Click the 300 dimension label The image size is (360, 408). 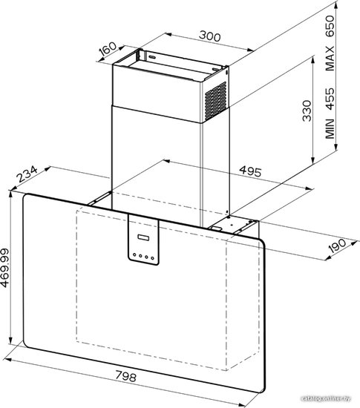point(210,36)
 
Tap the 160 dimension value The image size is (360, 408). point(108,48)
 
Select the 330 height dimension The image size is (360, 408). point(307,111)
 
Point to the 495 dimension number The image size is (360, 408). point(250,171)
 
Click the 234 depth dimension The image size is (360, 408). point(27,174)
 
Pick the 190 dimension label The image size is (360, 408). point(337,246)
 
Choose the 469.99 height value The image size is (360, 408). point(5,268)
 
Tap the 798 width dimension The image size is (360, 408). point(125,376)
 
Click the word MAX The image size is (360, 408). point(330,59)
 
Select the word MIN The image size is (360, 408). point(330,128)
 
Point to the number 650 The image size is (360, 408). point(330,26)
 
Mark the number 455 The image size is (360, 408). point(330,99)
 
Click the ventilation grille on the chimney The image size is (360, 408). point(215,101)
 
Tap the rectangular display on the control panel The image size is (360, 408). point(143,238)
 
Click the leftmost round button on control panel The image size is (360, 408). point(134,254)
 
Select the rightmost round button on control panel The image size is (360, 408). point(153,258)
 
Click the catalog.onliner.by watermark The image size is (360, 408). point(326,398)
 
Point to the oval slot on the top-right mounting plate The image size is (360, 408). point(216,70)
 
